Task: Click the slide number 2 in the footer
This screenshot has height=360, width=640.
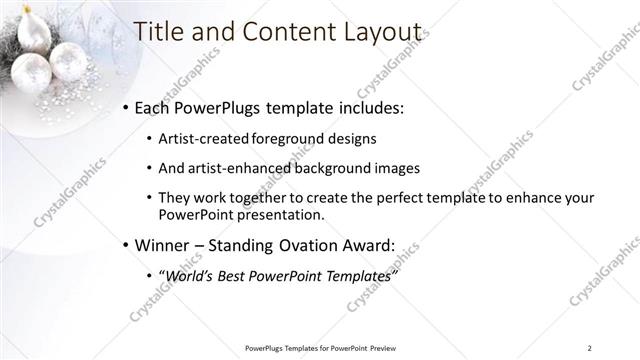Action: coord(590,348)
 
